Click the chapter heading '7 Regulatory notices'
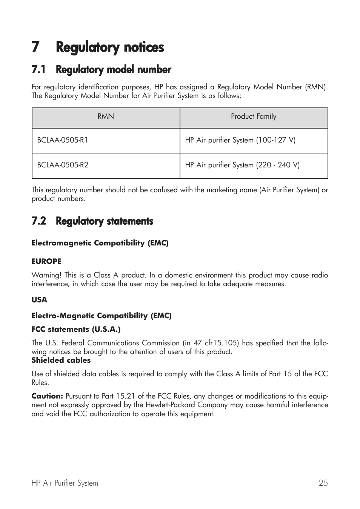click(x=98, y=48)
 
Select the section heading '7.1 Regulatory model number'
click(x=101, y=70)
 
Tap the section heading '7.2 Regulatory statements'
click(x=92, y=221)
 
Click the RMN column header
click(x=106, y=117)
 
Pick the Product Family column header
click(x=254, y=117)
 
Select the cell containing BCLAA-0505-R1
click(x=63, y=140)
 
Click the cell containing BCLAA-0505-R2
click(x=63, y=165)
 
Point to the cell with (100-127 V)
click(x=240, y=140)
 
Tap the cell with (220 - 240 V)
click(x=242, y=165)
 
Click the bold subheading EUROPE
click(x=46, y=261)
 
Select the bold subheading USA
click(x=39, y=300)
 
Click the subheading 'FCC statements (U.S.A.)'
click(x=76, y=330)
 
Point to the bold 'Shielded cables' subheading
click(x=61, y=360)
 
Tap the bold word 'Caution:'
click(x=47, y=396)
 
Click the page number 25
click(x=323, y=483)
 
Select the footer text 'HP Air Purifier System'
click(x=65, y=483)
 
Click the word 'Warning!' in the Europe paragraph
click(x=46, y=275)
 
